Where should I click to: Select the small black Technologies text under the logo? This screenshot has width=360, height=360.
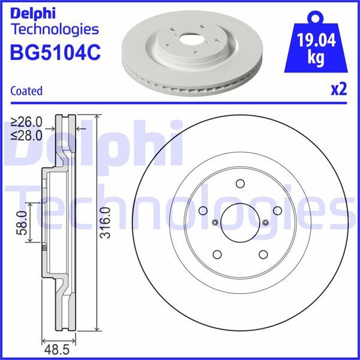[55, 29]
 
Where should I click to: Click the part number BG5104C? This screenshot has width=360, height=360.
[55, 53]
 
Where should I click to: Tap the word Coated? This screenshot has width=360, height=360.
[26, 91]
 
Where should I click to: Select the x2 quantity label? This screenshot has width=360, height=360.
[339, 89]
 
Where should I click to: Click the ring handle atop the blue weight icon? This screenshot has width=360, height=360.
[316, 16]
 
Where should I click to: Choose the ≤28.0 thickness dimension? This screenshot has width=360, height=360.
[27, 135]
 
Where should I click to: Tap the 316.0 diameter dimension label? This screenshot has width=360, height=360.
[106, 222]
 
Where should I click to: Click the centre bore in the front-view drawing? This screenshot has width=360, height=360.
[239, 221]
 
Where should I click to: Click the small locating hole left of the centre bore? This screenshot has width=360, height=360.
[214, 222]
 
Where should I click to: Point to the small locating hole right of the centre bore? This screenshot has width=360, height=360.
[264, 222]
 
